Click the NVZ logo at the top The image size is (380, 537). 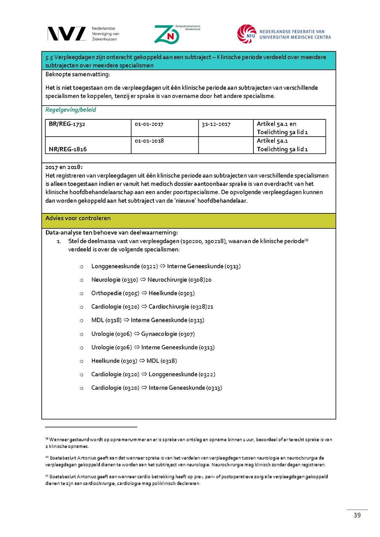tap(66, 34)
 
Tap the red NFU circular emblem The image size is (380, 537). tap(246, 34)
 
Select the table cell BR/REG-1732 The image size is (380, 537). tap(64, 124)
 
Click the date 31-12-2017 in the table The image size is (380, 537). tap(216, 124)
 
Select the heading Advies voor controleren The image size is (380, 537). tap(78, 218)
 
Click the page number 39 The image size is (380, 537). tap(357, 515)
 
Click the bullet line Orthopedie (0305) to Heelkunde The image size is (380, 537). tap(143, 293)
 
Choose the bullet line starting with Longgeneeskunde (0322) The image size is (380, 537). tap(166, 266)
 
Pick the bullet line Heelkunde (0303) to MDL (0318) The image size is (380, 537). tap(134, 361)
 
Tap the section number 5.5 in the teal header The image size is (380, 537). tap(49, 57)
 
